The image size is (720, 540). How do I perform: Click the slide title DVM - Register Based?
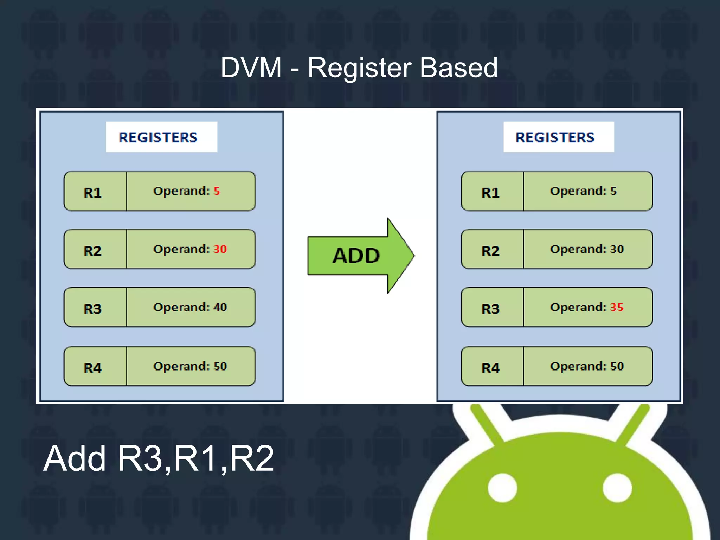359,67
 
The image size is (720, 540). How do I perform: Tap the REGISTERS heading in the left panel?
158,137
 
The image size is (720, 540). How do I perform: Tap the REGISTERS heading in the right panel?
555,137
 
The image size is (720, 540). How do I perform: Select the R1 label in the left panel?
93,193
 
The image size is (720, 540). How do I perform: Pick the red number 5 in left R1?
217,191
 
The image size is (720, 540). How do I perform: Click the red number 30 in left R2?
220,249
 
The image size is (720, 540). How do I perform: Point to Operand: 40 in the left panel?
190,307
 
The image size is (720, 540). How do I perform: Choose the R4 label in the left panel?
93,368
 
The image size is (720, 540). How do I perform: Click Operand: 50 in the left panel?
190,366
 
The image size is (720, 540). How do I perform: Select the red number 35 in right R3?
617,307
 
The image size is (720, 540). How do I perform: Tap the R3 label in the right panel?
490,309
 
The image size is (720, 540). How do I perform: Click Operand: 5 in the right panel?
584,191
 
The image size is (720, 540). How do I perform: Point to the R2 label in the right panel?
490,251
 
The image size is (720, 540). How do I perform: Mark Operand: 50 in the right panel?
587,366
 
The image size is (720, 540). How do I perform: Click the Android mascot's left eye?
502,488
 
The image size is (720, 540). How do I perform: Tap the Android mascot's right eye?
617,488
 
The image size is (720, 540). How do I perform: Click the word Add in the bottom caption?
75,458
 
